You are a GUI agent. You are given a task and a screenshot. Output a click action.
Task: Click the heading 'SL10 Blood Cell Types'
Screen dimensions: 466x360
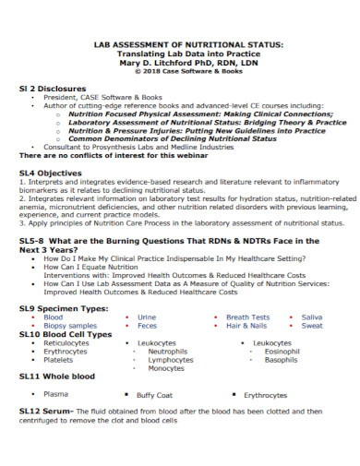pos(65,334)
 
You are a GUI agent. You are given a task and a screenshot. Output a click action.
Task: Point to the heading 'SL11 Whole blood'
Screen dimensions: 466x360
pos(56,377)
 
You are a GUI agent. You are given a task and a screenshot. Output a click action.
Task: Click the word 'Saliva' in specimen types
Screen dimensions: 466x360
pos(312,317)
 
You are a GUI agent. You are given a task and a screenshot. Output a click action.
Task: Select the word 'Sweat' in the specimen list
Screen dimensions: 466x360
pos(312,326)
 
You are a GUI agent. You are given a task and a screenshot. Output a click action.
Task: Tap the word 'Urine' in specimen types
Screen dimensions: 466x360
pos(147,317)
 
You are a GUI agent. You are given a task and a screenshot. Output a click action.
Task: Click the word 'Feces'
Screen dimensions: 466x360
pos(147,326)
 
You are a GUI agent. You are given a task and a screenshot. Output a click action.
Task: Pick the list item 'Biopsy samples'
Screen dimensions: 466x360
pos(69,326)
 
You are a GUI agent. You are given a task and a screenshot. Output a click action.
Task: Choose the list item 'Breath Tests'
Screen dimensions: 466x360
pos(247,317)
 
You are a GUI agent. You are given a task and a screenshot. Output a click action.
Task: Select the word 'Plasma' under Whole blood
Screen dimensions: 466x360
pos(54,393)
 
